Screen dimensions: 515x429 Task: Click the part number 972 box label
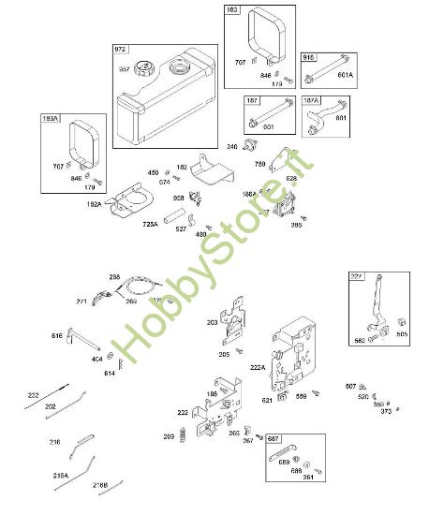[122, 49]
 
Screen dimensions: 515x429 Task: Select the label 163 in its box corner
[232, 9]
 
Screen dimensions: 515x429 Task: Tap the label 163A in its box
[51, 119]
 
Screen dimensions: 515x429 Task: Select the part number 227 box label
[356, 275]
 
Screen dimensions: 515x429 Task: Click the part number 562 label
[362, 341]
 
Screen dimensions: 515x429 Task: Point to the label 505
[402, 332]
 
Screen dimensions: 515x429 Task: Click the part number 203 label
[212, 321]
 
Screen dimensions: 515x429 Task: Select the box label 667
[274, 438]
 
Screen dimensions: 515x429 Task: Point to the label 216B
[101, 484]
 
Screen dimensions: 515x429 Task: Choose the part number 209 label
[169, 436]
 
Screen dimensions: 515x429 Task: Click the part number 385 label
[298, 225]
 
